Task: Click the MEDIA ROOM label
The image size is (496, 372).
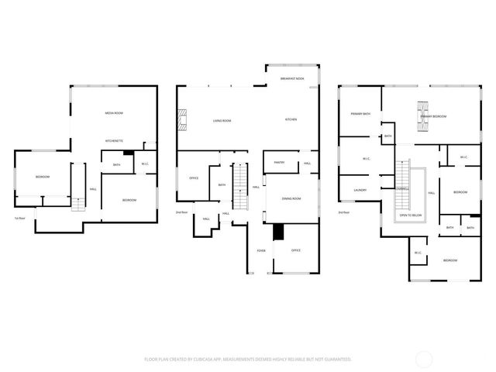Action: (x=115, y=114)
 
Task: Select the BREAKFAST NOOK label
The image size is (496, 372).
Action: (x=292, y=78)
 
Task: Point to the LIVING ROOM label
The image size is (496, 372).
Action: (x=223, y=121)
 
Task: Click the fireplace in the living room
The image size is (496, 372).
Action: (x=181, y=120)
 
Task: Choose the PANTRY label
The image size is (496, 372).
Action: (x=279, y=163)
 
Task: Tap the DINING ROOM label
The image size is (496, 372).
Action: (x=291, y=199)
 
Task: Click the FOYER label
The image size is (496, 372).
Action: (x=261, y=250)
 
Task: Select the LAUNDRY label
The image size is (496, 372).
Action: (x=360, y=190)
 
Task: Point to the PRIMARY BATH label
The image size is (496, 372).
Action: (x=360, y=114)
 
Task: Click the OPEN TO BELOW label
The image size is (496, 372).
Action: (x=411, y=215)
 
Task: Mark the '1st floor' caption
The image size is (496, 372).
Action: (x=21, y=218)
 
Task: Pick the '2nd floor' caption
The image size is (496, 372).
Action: (x=182, y=212)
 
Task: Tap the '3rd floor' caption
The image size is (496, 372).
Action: (x=344, y=212)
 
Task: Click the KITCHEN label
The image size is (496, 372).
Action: (x=291, y=119)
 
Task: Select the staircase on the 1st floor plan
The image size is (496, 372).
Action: (x=78, y=203)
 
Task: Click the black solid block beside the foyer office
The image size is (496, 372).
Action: (x=278, y=232)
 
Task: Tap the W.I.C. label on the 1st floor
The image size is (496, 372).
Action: (x=145, y=164)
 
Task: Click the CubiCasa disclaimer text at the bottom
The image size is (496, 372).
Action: (x=247, y=359)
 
